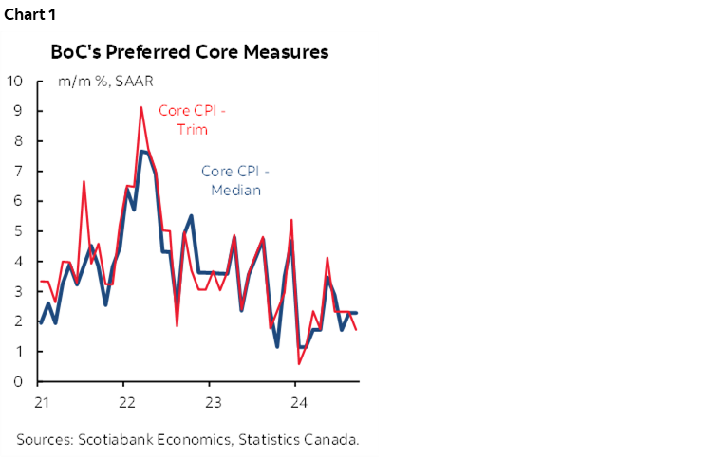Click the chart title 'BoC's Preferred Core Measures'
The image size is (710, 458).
coord(189,52)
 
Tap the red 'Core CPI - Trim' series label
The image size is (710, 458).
coord(193,119)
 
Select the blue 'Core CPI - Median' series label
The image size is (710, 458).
coord(235,180)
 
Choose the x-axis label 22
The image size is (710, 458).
coord(125,400)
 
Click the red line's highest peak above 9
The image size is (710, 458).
coord(141,107)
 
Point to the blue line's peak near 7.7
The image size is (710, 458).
coord(142,152)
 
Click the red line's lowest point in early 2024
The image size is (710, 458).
coord(299,363)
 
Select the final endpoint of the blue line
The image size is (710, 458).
coord(356,313)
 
